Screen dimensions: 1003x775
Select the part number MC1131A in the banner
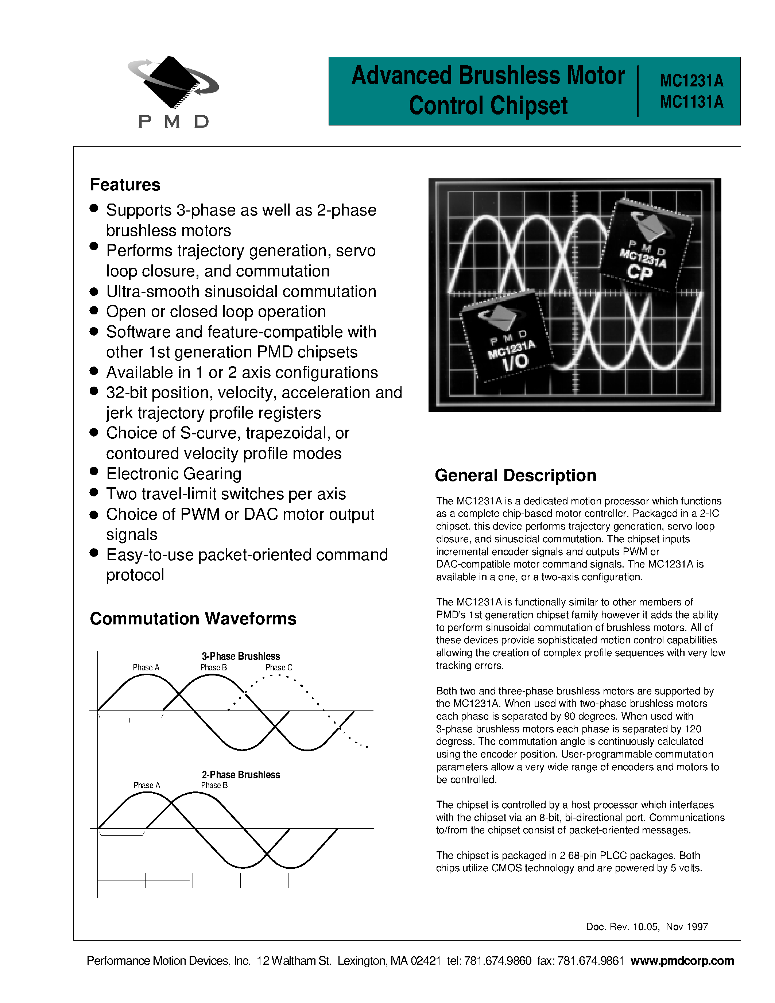(691, 102)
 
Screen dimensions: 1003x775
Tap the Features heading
(125, 185)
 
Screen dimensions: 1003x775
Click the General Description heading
(515, 475)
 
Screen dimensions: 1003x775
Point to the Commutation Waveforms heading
(193, 619)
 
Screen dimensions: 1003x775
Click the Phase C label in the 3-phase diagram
(279, 667)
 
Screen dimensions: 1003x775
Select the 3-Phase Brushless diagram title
(241, 656)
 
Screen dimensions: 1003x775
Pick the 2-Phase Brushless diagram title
(241, 775)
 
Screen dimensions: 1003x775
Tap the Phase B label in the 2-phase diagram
(214, 785)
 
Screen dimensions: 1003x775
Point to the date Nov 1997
(686, 927)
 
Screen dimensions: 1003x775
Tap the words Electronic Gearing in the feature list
(174, 473)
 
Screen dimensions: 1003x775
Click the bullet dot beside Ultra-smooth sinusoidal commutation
(94, 291)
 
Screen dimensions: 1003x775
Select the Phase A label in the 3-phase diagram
(146, 667)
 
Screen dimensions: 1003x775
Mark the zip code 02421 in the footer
(426, 961)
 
